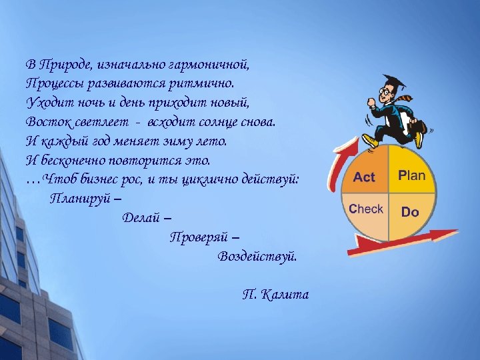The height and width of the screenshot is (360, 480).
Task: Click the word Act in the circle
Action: tap(364, 177)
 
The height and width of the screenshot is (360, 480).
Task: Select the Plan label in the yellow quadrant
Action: tap(411, 176)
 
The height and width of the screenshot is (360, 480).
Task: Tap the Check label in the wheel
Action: tap(366, 209)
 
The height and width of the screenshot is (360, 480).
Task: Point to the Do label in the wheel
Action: tap(410, 212)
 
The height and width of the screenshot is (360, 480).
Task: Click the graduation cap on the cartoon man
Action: tap(393, 82)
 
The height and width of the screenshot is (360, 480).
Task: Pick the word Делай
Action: tap(142, 217)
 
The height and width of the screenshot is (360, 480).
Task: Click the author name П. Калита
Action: tap(275, 294)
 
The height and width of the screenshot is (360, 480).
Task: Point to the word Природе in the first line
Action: tap(67, 65)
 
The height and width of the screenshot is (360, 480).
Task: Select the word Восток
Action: tap(48, 123)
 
